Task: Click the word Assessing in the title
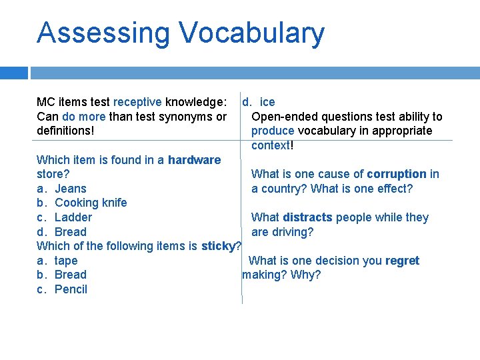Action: coord(94,33)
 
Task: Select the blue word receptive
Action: coord(137,102)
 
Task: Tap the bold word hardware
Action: coord(194,159)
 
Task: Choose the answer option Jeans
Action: coord(71,189)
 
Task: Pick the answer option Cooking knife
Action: coord(91,203)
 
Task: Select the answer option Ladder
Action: coord(73,217)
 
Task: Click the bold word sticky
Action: coord(218,246)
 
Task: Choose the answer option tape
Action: coord(66,261)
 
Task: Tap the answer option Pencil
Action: coord(71,289)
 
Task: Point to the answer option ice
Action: coord(267,102)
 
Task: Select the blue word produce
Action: coord(273,131)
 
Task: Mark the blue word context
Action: coord(271,145)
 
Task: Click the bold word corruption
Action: coord(397,174)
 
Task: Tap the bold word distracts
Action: coord(307,217)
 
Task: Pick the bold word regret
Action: coord(402,261)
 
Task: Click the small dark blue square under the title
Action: coord(14,73)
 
